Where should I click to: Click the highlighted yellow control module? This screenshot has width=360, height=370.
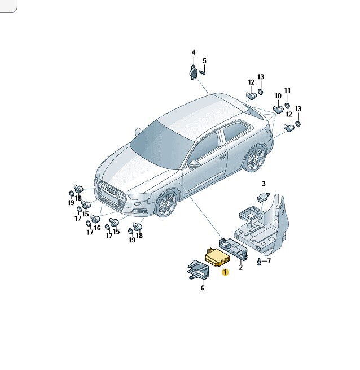tap(217, 258)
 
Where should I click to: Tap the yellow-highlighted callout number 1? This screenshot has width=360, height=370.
tap(225, 272)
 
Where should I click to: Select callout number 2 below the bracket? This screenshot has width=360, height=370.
tap(240, 268)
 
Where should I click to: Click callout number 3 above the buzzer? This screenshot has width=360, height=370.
tap(264, 184)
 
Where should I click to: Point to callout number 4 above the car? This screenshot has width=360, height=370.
tap(194, 53)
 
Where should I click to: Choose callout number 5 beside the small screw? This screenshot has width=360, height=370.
tap(204, 61)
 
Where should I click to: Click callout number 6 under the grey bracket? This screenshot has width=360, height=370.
tap(203, 288)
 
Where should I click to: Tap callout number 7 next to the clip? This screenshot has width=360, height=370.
tap(269, 261)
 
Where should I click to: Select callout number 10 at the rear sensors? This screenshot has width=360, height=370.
tap(278, 96)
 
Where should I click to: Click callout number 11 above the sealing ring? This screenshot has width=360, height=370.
tap(287, 90)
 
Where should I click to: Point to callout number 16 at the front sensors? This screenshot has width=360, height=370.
tap(97, 228)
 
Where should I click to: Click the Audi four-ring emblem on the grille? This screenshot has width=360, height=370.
tap(111, 190)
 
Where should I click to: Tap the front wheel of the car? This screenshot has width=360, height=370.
tap(166, 203)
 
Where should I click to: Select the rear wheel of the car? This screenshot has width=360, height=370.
tap(255, 158)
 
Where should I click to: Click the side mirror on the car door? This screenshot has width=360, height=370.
tap(194, 163)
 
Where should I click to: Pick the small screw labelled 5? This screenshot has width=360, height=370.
tap(202, 72)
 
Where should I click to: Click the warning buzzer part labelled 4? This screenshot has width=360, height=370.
tap(193, 72)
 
